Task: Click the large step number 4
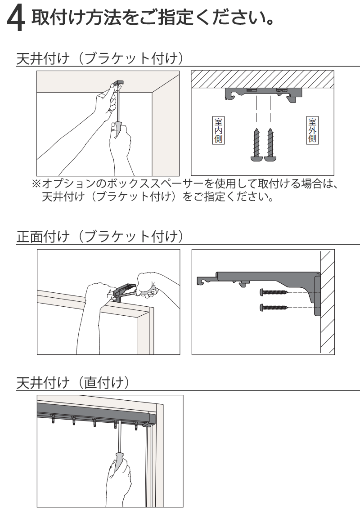click(x=16, y=19)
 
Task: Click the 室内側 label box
click(x=218, y=130)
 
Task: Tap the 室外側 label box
click(x=312, y=130)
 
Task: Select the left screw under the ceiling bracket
click(x=256, y=144)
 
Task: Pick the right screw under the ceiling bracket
click(x=270, y=144)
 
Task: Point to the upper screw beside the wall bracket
click(x=274, y=292)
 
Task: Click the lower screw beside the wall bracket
click(x=274, y=307)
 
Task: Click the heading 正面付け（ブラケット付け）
click(x=100, y=237)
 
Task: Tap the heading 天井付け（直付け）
click(x=73, y=382)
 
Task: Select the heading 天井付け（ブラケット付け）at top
click(x=100, y=59)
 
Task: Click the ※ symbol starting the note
click(x=36, y=184)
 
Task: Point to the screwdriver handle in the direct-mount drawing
click(x=119, y=461)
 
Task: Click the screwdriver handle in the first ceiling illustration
click(x=117, y=128)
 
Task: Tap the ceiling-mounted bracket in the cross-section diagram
click(x=263, y=94)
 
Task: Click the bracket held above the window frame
click(x=124, y=291)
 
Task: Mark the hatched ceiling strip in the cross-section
click(x=262, y=79)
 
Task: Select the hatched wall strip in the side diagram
click(x=327, y=302)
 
